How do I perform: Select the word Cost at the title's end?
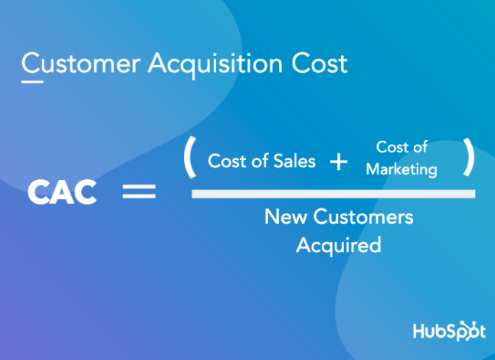coord(319,63)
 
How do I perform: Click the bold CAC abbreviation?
coord(62,192)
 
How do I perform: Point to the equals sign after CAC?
coord(139,191)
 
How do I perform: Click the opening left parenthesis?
coord(189,157)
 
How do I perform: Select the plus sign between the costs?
coord(338,162)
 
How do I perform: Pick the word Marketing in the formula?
coord(402,169)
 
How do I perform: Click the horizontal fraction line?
coord(333,194)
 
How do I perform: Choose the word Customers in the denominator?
coord(359,217)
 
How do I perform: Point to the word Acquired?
coord(338,245)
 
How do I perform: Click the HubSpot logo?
coord(448,332)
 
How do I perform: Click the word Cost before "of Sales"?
coord(227,161)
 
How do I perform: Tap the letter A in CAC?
coord(62,192)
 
